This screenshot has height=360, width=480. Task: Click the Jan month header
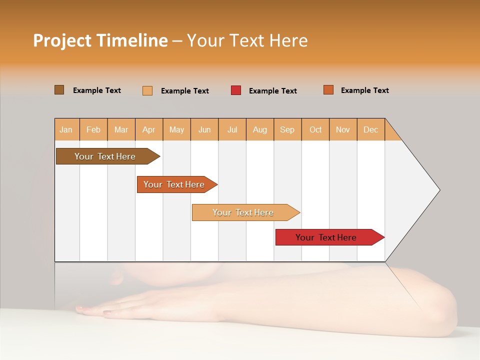point(66,129)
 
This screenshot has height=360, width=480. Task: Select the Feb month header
point(93,129)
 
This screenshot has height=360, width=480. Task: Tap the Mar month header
point(121,129)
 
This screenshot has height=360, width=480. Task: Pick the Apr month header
point(149,129)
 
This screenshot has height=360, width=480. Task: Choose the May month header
point(176,129)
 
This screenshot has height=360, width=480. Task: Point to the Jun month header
point(204,129)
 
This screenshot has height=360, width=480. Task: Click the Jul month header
point(232,129)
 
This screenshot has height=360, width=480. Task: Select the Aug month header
point(260,129)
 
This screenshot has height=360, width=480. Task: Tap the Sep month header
point(287,129)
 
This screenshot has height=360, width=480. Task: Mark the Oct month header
point(315,129)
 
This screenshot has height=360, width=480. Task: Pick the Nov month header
point(343,129)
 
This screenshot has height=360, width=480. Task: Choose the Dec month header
point(371,129)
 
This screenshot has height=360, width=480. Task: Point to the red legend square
point(236,90)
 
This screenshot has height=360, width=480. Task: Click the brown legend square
point(59,90)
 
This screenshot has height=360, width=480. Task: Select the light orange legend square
point(147,90)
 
